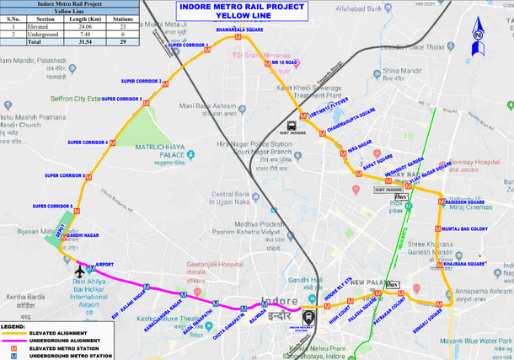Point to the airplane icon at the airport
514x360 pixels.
[x=81, y=271]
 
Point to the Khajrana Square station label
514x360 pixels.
[x=464, y=263]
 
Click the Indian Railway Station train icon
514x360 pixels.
[x=308, y=319]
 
